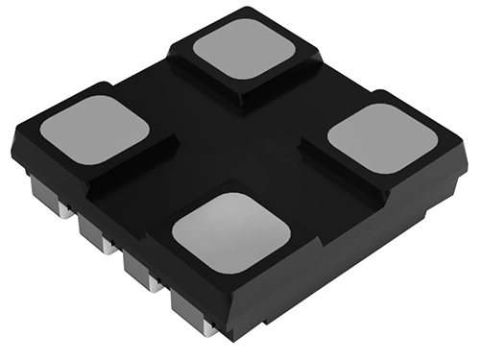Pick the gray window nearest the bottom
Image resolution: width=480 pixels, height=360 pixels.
(x=231, y=230)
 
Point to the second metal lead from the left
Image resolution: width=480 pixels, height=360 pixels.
(x=94, y=231)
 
